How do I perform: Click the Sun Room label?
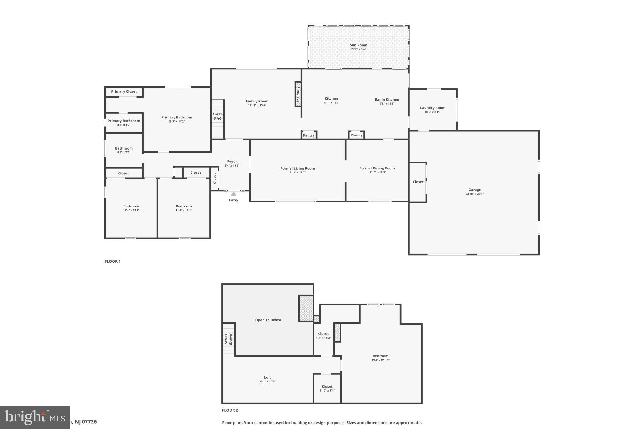pyautogui.click(x=358, y=45)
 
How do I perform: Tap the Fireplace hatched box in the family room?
pyautogui.click(x=298, y=94)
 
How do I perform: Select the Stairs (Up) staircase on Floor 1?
pyautogui.click(x=217, y=119)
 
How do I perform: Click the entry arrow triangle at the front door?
pyautogui.click(x=233, y=194)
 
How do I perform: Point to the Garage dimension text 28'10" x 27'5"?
pyautogui.click(x=474, y=194)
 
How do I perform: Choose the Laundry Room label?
pyautogui.click(x=432, y=108)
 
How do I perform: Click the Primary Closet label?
pyautogui.click(x=124, y=91)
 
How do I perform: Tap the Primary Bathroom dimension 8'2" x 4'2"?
pyautogui.click(x=124, y=125)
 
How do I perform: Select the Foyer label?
pyautogui.click(x=232, y=162)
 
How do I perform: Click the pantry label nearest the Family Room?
pyautogui.click(x=308, y=135)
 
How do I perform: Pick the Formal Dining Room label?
pyautogui.click(x=377, y=168)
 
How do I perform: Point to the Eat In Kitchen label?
pyautogui.click(x=387, y=100)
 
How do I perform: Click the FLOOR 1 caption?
pyautogui.click(x=113, y=261)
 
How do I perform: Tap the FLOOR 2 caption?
pyautogui.click(x=230, y=410)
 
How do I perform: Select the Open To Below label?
pyautogui.click(x=268, y=320)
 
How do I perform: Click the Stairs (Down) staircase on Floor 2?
pyautogui.click(x=228, y=339)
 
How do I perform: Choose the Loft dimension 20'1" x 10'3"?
pyautogui.click(x=267, y=382)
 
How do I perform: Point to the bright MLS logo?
pyautogui.click(x=35, y=417)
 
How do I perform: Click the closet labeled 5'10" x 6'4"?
pyautogui.click(x=327, y=388)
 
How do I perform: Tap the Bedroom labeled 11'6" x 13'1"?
pyautogui.click(x=184, y=208)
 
